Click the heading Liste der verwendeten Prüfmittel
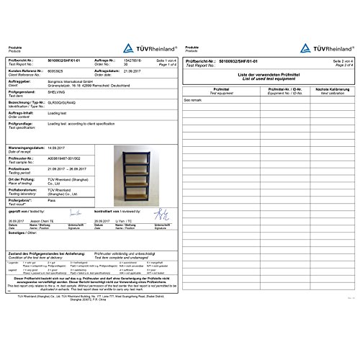tap(268, 73)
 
